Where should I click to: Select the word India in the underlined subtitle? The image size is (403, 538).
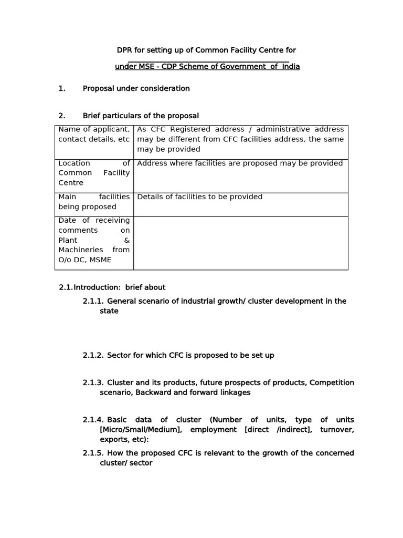point(291,67)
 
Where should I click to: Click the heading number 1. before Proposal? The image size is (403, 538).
point(62,88)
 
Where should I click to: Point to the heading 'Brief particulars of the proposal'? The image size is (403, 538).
point(141,116)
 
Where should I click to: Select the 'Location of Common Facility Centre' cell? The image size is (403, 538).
point(94,173)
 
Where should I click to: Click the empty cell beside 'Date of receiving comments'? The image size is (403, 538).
point(240,243)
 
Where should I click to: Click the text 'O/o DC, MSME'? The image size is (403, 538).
point(84,260)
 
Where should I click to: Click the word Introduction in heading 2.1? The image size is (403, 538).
point(98,287)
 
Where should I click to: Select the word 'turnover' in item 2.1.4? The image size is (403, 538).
point(337,430)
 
